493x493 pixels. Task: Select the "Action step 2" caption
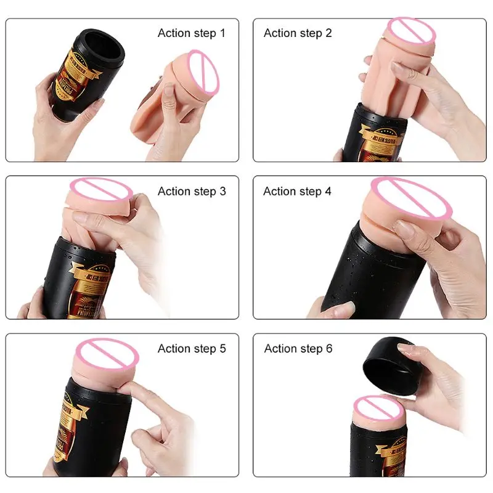[x=298, y=33]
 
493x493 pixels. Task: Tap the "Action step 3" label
[x=192, y=191]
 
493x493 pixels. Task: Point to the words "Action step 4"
[x=297, y=191]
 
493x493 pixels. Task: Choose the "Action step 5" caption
[x=192, y=349]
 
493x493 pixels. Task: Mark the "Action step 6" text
[x=298, y=349]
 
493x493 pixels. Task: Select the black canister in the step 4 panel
[x=382, y=271]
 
